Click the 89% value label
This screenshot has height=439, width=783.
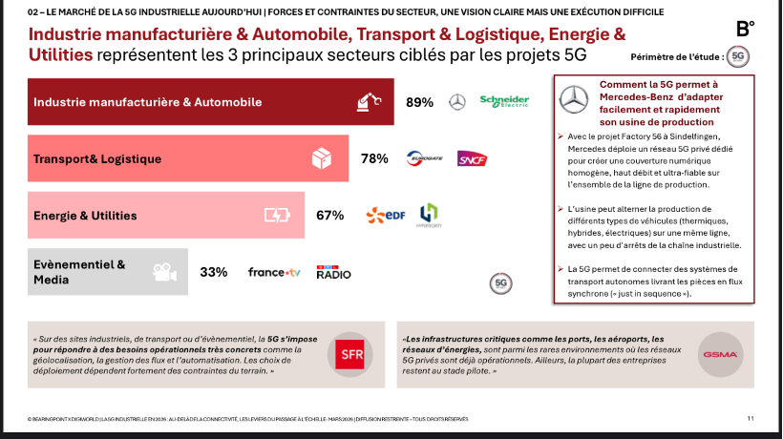tap(419, 102)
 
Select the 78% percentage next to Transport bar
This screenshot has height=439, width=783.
tap(374, 158)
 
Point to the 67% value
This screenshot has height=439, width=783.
tap(329, 215)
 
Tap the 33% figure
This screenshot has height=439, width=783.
tap(213, 272)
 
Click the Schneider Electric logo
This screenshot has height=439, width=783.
tap(503, 102)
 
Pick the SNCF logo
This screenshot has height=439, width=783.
tap(472, 158)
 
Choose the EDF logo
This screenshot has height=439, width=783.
tap(386, 215)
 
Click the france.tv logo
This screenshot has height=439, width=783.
tap(274, 272)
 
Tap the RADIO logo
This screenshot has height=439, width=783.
tap(333, 273)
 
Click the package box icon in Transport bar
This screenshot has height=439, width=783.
tap(323, 158)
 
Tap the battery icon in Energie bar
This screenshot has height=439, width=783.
tap(276, 216)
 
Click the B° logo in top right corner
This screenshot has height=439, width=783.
tap(747, 29)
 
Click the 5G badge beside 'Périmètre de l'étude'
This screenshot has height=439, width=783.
tap(737, 57)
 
